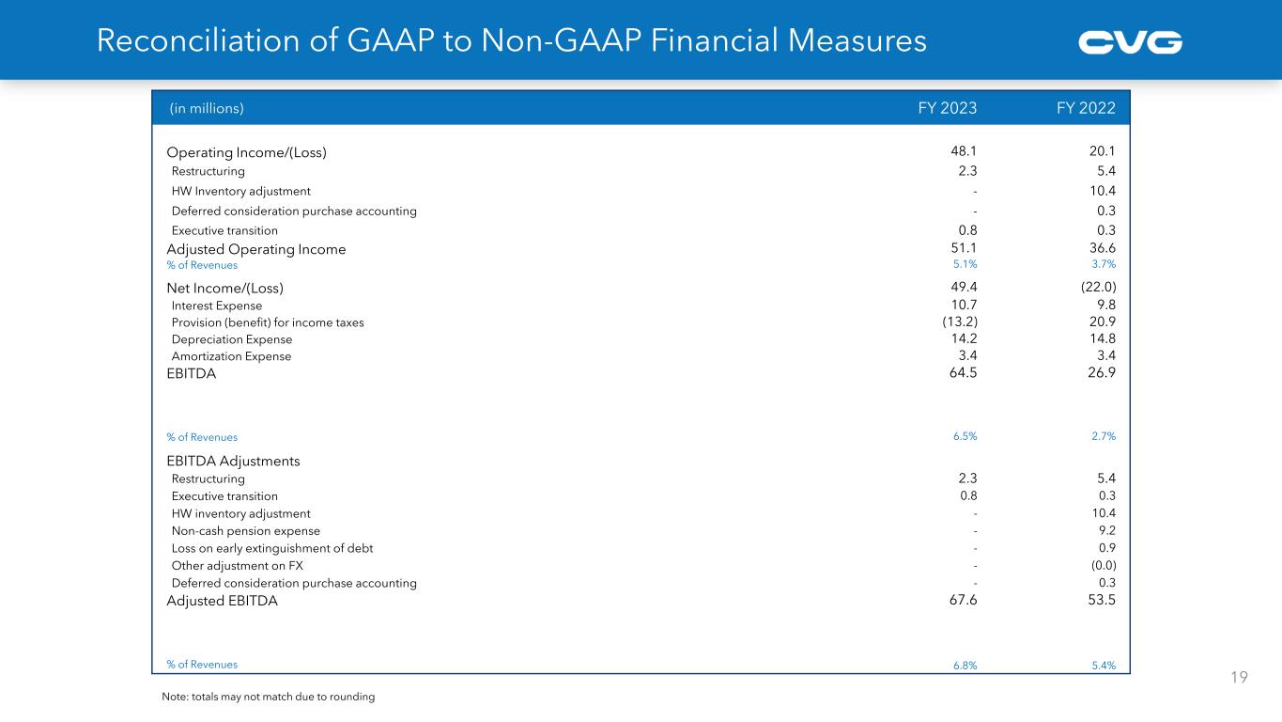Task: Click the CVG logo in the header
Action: pyautogui.click(x=1130, y=42)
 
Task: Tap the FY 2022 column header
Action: pyautogui.click(x=1086, y=108)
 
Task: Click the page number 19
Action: pyautogui.click(x=1240, y=677)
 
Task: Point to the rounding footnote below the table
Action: pyautogui.click(x=269, y=697)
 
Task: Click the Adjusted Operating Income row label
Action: pyautogui.click(x=255, y=249)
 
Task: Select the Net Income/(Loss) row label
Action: pyautogui.click(x=224, y=288)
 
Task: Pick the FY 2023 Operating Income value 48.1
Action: pyautogui.click(x=964, y=152)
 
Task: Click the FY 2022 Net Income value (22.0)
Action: pyautogui.click(x=1098, y=288)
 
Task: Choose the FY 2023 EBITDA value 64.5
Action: pyautogui.click(x=963, y=373)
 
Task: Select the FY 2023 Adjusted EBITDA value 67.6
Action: pyautogui.click(x=963, y=601)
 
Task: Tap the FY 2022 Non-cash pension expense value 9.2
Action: pyautogui.click(x=1107, y=531)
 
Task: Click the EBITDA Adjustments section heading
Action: pyautogui.click(x=233, y=462)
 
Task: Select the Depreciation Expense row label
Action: pyautogui.click(x=232, y=339)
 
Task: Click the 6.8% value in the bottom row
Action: pyautogui.click(x=965, y=666)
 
